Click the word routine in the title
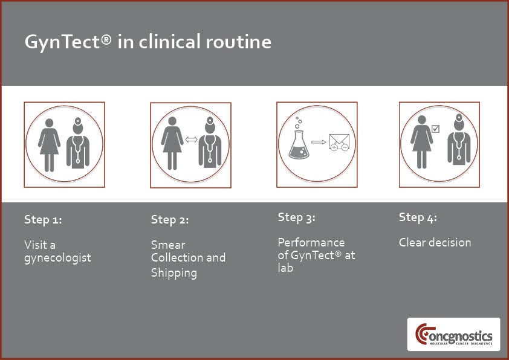point(238,42)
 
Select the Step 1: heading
point(43,220)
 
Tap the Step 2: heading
point(170,220)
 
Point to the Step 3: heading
point(296,217)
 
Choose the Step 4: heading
point(418,217)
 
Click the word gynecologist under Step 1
point(58,259)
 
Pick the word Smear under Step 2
point(168,245)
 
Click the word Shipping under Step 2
point(174,273)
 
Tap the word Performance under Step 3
point(311,242)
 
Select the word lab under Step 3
point(285,268)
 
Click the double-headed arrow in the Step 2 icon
point(191,140)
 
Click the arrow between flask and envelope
point(319,142)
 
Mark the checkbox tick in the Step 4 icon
point(436,129)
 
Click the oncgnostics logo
point(454,335)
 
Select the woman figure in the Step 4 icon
point(422,142)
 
